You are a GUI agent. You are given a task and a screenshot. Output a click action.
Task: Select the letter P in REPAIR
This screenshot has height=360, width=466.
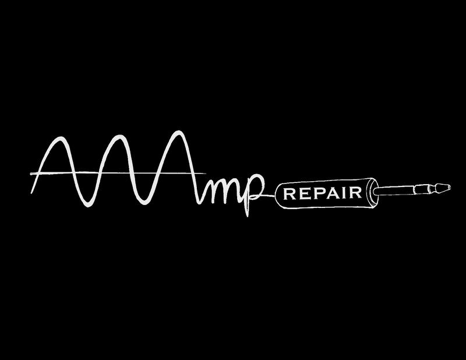(x=314, y=194)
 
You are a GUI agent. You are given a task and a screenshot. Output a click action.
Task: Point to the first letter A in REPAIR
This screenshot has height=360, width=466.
(x=328, y=194)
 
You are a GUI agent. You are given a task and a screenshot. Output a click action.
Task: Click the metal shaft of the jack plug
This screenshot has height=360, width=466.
(x=402, y=189)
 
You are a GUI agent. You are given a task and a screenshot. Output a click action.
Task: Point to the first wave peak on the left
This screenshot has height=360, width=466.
(x=59, y=140)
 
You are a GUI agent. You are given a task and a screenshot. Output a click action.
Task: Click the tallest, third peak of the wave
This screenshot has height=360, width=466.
(x=182, y=134)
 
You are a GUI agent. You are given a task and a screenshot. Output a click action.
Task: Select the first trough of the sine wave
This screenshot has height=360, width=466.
(x=87, y=204)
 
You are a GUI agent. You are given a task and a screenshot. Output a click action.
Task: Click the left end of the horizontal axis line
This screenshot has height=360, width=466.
(x=30, y=173)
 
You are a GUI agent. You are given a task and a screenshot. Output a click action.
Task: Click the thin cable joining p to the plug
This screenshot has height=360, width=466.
(x=269, y=196)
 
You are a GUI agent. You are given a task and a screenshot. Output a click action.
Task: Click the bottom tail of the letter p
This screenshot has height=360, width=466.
(x=247, y=214)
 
